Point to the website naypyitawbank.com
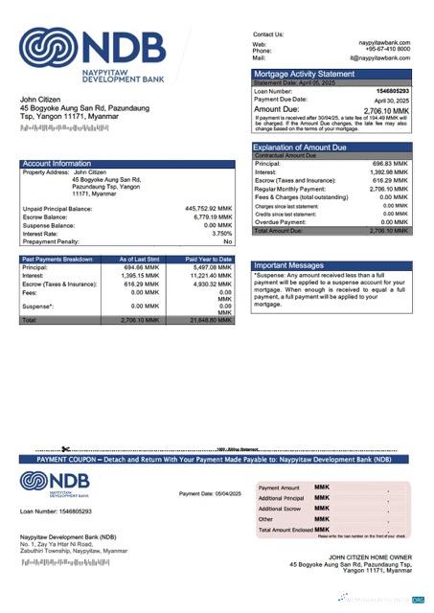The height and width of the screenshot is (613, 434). (x=384, y=44)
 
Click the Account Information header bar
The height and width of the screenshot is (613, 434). (x=126, y=164)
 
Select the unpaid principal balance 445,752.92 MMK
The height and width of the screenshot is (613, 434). (x=208, y=208)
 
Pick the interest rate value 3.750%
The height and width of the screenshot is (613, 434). (x=221, y=233)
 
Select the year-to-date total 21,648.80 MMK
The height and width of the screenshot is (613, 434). (x=211, y=320)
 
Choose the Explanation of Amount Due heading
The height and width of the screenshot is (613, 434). (x=304, y=147)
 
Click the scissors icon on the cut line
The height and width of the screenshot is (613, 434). (x=65, y=449)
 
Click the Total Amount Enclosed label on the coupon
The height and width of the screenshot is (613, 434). (x=285, y=530)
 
